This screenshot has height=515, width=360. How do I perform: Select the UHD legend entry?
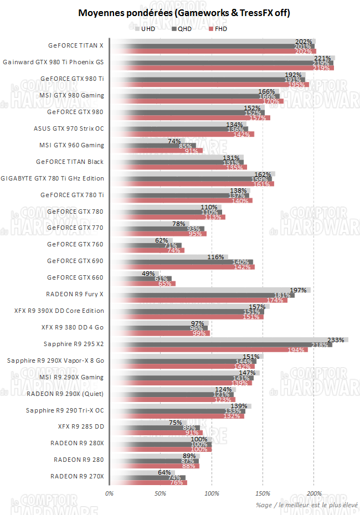145,28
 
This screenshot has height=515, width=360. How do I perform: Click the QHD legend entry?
181,28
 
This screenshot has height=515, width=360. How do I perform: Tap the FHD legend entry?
217,28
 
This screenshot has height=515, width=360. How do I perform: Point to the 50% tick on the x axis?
160,493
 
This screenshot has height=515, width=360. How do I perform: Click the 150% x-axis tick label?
263,493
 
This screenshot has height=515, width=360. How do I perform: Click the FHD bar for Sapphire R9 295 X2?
208,350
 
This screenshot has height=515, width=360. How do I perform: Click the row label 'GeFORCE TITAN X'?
76,45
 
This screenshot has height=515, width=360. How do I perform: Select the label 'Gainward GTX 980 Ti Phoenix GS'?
53,62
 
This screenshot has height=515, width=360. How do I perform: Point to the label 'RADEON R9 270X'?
77,476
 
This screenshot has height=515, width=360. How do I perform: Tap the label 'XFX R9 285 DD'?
81,426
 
